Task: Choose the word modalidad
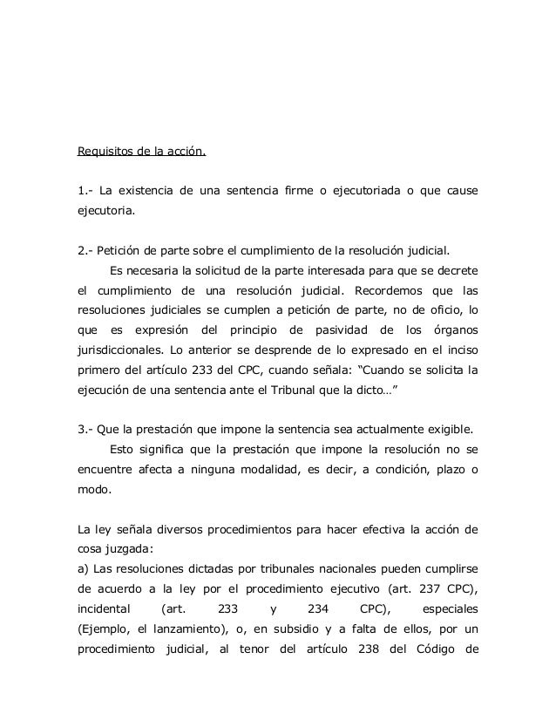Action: [291, 471]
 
